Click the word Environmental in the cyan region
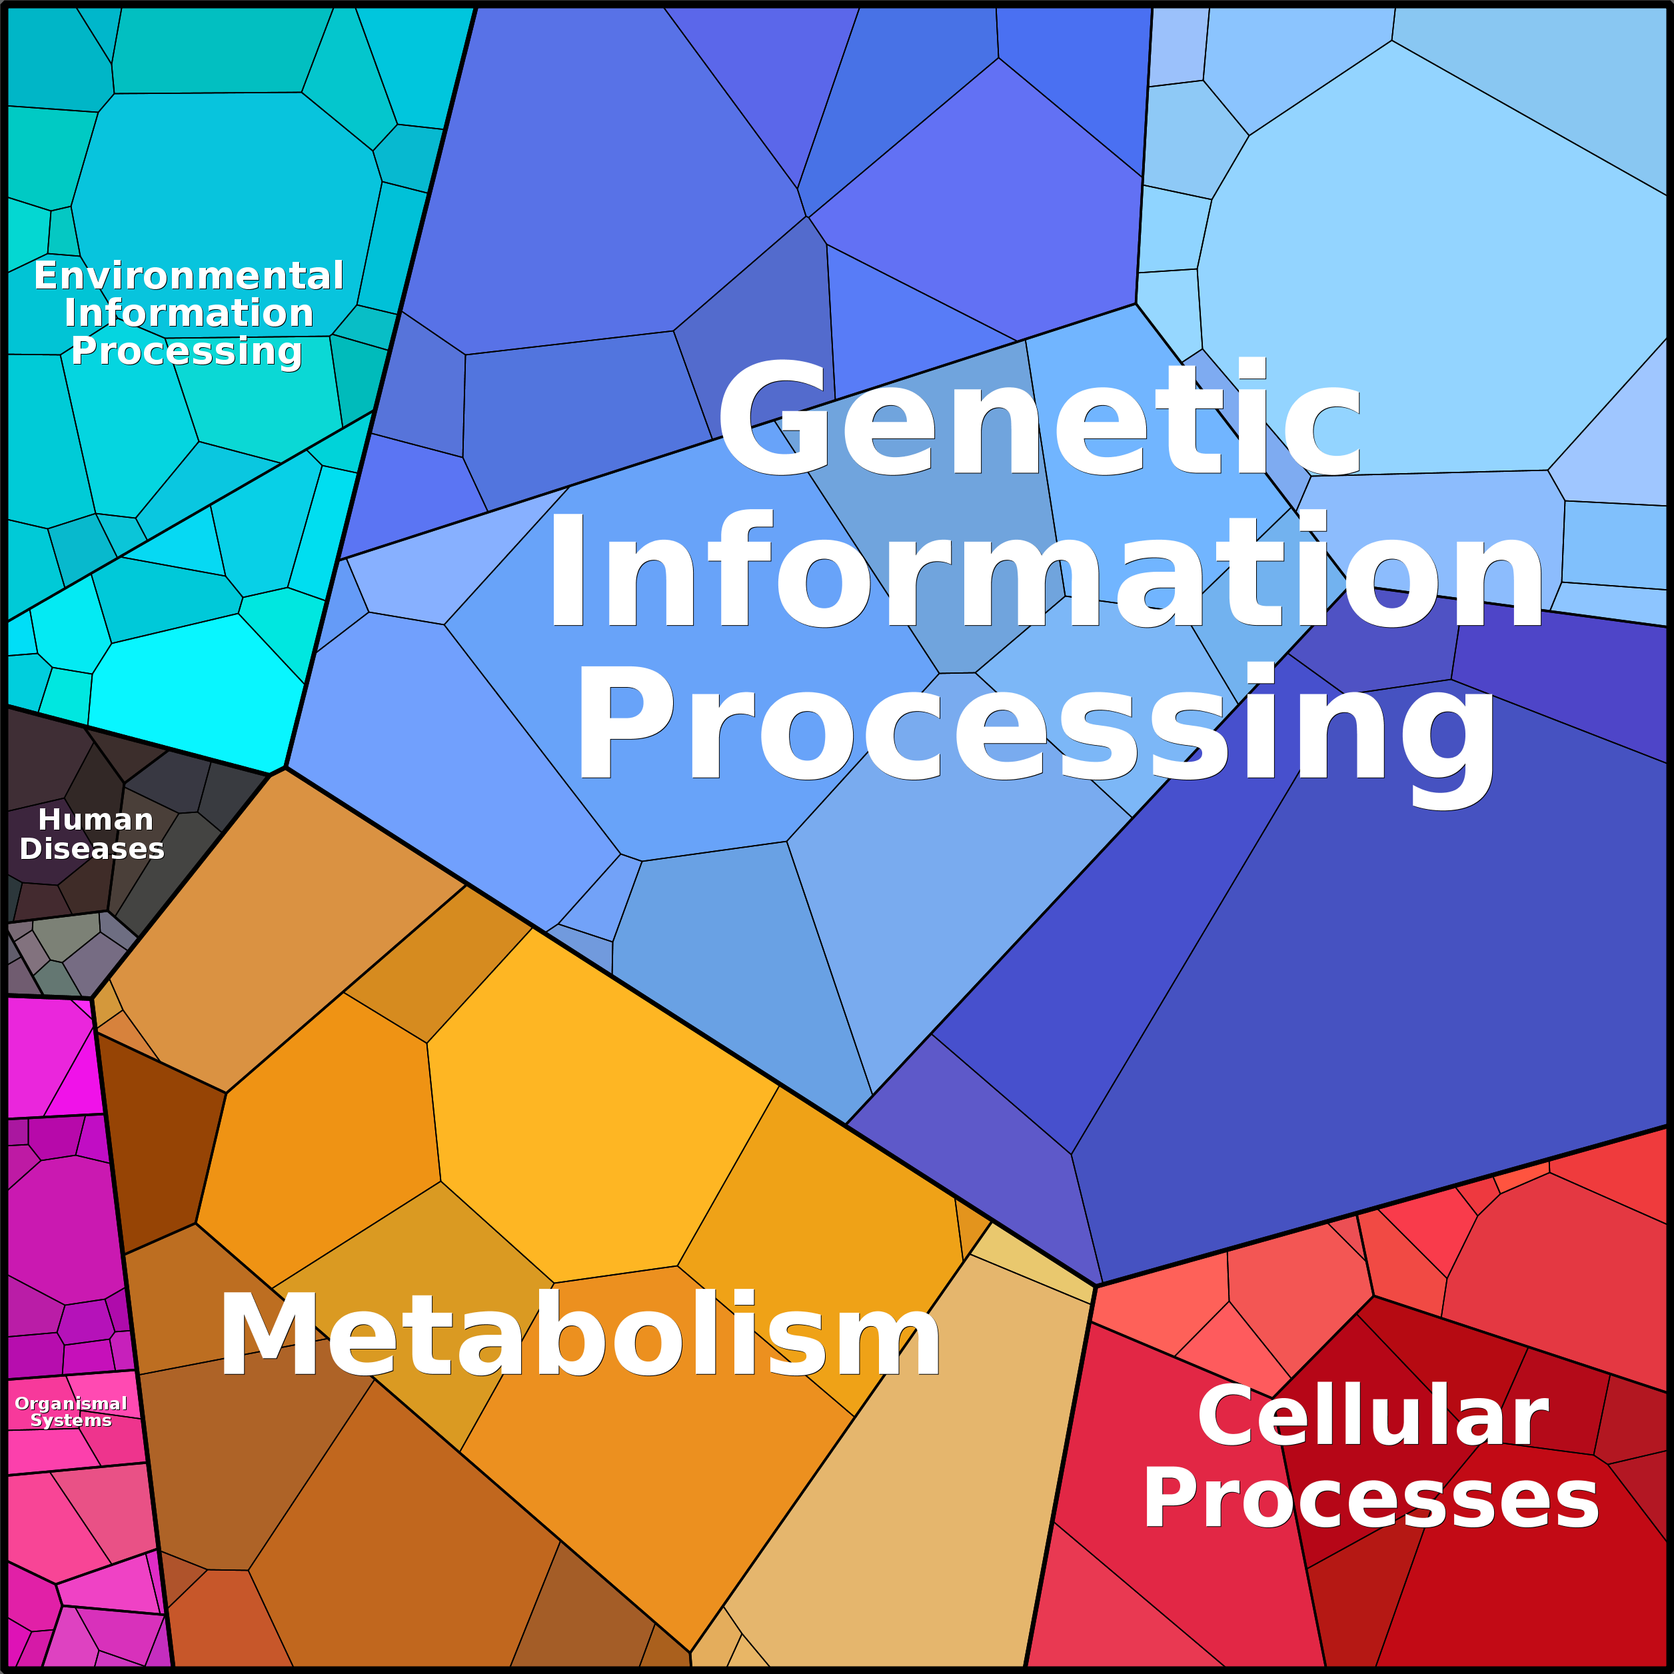point(189,275)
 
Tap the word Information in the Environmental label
point(189,313)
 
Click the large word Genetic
point(1039,418)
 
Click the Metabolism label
point(580,1334)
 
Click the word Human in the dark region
point(95,820)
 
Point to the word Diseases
point(92,849)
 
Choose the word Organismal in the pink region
point(71,1403)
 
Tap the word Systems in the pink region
point(71,1420)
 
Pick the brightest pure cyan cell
point(195,693)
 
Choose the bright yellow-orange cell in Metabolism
point(598,1118)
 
